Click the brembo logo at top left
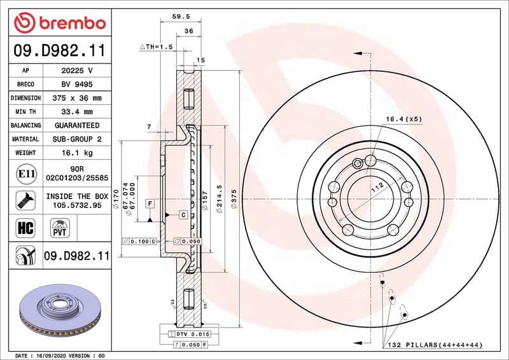59,23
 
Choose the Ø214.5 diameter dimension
220,200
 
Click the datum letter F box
150,204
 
